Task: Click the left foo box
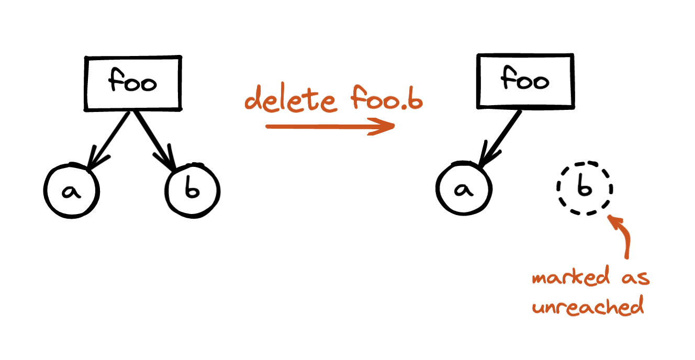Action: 133,83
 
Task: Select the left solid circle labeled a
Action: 71,191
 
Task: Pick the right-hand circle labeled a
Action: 463,189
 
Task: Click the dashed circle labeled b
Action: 584,188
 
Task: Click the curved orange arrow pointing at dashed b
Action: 623,238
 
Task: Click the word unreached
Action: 587,306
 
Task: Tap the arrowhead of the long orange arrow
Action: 382,127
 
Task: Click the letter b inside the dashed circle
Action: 584,188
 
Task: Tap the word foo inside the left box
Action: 132,83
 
